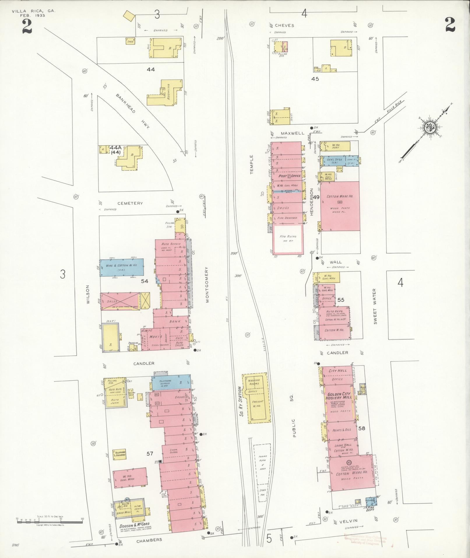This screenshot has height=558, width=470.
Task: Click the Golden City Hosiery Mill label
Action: (340, 396)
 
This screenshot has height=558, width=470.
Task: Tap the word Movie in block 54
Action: (156, 337)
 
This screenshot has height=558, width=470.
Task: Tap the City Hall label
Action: (338, 371)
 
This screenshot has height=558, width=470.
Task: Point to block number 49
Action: (316, 197)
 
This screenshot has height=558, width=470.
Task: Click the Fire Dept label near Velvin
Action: (370, 508)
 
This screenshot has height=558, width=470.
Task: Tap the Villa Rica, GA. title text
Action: (33, 11)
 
